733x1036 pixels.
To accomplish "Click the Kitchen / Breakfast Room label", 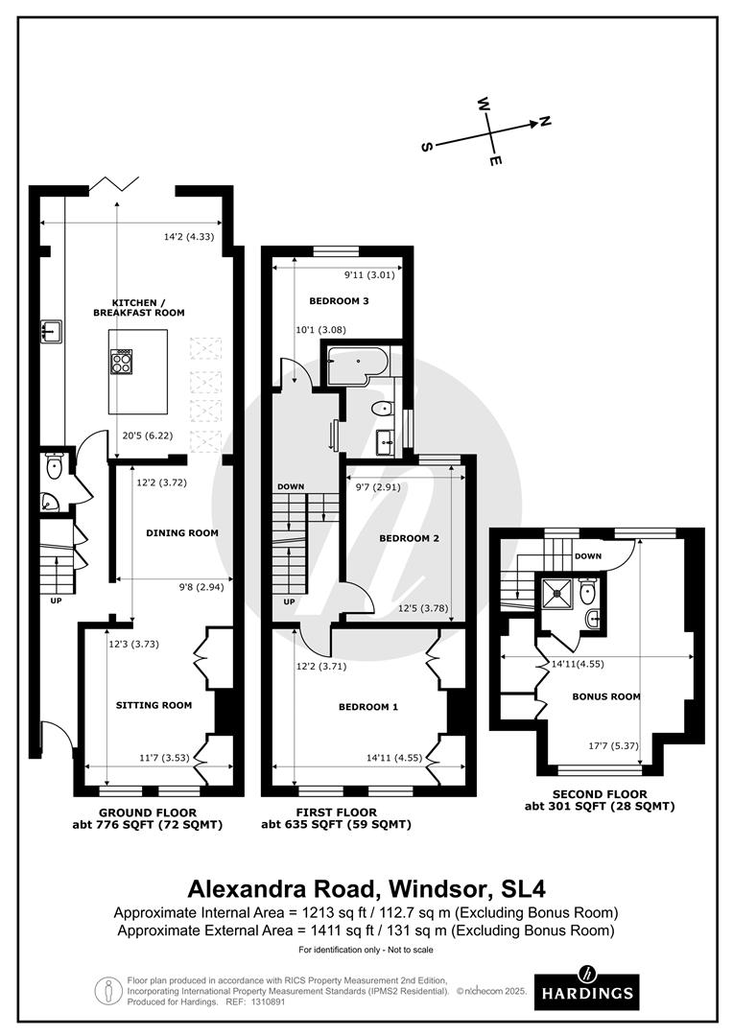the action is coord(139,307).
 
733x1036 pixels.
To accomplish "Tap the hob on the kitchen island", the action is coord(122,361).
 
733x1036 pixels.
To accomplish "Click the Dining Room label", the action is coord(182,532).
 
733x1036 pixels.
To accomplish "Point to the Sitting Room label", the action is coord(154,705).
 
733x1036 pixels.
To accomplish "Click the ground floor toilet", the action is coord(53,468).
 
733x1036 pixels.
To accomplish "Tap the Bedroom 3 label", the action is coord(339,300).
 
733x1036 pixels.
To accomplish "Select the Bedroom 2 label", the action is coord(409,538).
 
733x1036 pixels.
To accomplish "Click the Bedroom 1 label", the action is coord(368,706).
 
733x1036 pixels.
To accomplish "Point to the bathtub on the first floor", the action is coord(355,366).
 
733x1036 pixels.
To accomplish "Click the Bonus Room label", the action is coord(606,696).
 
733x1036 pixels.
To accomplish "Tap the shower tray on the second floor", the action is coord(556,590).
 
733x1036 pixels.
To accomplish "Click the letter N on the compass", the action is coord(545,121).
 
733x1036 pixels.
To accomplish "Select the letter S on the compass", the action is coord(427,147).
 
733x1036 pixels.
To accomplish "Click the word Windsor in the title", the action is coord(438,888).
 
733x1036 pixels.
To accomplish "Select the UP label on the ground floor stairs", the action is coord(57,600).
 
